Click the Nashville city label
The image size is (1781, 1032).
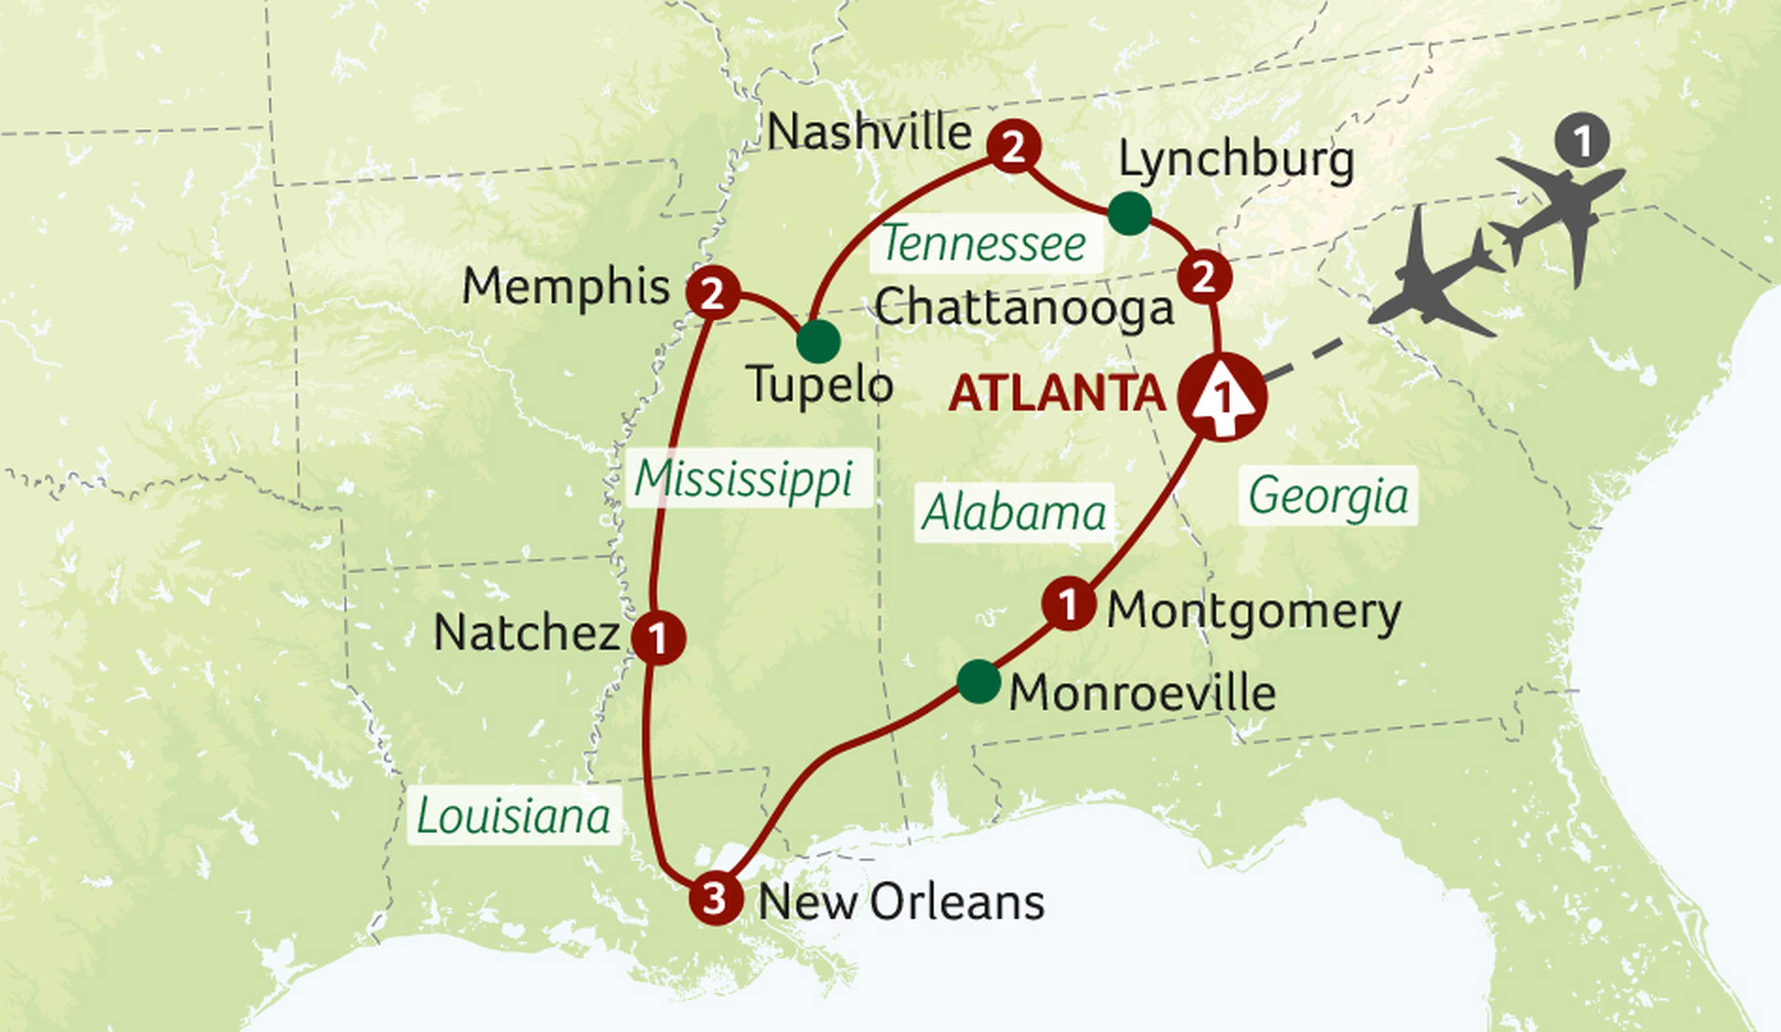(869, 132)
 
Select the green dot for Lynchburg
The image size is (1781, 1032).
(1129, 213)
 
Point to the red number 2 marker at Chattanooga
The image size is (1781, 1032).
(1204, 277)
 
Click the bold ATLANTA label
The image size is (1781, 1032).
(1057, 393)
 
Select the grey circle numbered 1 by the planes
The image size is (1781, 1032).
(1582, 140)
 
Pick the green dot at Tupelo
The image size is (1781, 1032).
(819, 342)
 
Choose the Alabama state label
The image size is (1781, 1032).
(1013, 512)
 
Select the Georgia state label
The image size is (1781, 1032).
(1327, 496)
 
